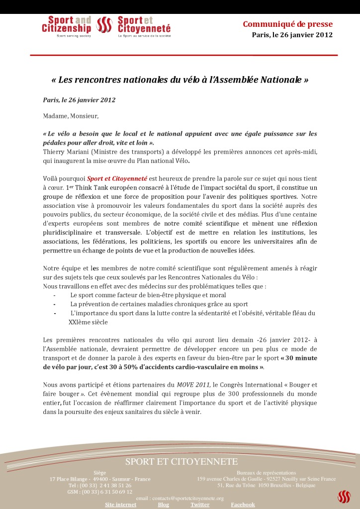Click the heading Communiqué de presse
[x=287, y=24]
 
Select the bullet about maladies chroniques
[x=159, y=304]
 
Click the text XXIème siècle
[x=88, y=322]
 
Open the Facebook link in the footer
[x=243, y=505]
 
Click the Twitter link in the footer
[x=200, y=505]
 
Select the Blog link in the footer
[x=163, y=505]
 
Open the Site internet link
[x=120, y=505]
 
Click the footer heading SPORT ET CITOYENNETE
[x=181, y=462]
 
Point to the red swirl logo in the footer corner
[x=344, y=496]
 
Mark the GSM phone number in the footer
[x=100, y=492]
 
